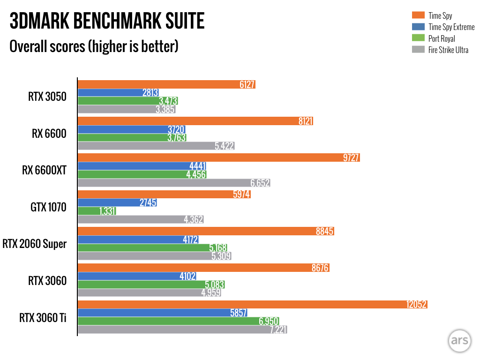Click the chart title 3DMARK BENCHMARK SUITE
click(x=107, y=22)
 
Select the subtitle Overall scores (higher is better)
click(x=94, y=46)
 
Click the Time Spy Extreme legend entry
click(x=451, y=27)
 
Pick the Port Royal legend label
click(x=442, y=38)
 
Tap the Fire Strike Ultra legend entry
click(x=448, y=50)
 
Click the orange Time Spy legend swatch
click(x=419, y=16)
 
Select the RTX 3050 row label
click(x=47, y=97)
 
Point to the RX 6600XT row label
click(x=44, y=171)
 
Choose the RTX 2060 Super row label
click(x=35, y=244)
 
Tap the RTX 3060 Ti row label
click(x=43, y=317)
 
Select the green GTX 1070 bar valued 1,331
click(x=97, y=211)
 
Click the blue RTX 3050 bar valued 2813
click(x=118, y=93)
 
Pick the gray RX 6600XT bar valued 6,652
click(x=173, y=183)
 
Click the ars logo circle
click(x=459, y=341)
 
